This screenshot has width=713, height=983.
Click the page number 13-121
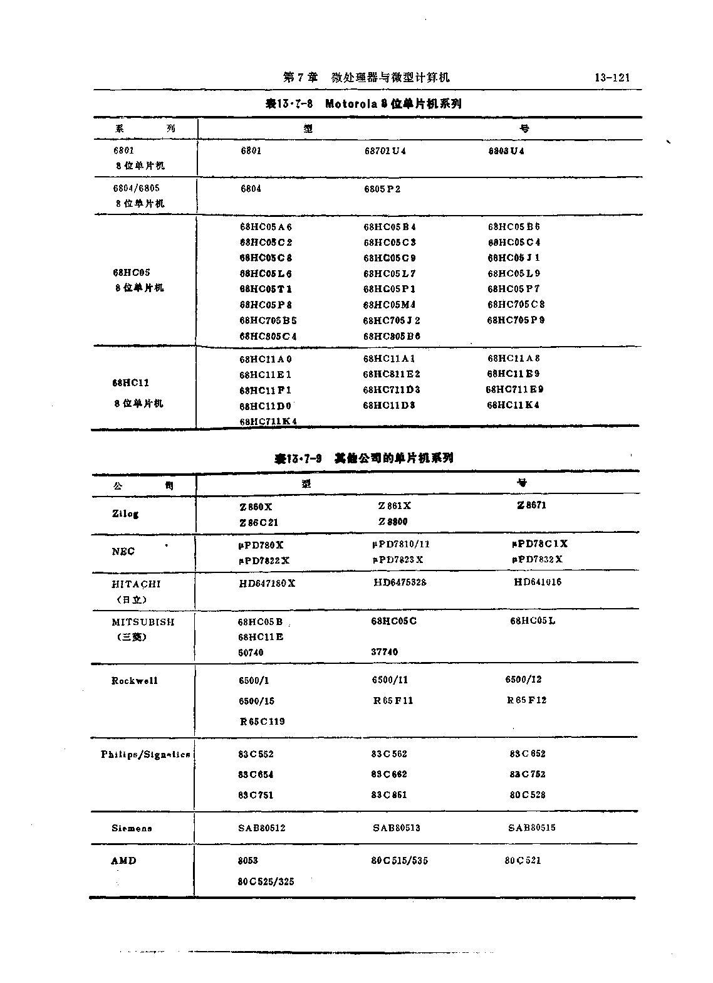coord(612,78)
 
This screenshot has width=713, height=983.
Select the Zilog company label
coord(125,513)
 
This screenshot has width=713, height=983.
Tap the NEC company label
coord(123,552)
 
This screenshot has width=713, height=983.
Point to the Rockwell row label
coord(135,681)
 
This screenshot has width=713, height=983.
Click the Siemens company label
coord(132,828)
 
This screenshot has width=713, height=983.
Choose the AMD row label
coord(123,861)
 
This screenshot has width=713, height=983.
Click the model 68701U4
coord(385,151)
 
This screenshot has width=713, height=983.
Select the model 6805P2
coord(382,189)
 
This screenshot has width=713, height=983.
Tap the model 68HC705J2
coord(392,320)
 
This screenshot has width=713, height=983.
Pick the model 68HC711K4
coord(268,421)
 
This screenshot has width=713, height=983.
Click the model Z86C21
coord(259,522)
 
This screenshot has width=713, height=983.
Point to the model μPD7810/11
coord(401,544)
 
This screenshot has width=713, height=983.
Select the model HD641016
coord(538,582)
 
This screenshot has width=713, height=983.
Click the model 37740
coord(384,652)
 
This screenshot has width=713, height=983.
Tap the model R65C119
coord(263,722)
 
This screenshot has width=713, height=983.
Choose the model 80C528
coord(528,795)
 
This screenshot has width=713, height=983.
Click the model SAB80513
coord(397,828)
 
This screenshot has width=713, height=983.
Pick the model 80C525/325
coord(266,881)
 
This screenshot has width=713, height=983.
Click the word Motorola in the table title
coord(351,104)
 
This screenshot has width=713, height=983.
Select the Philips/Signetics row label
coord(145,755)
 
